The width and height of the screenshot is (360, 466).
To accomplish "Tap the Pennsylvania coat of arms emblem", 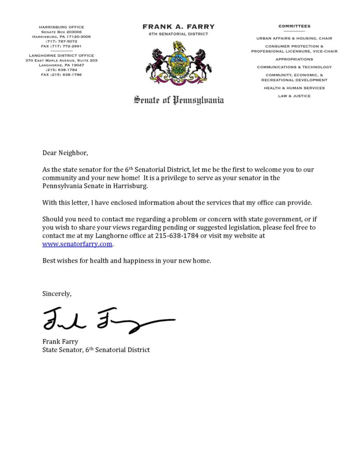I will pyautogui.click(x=178, y=63).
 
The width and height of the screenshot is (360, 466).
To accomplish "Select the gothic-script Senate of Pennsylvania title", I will pyautogui.click(x=178, y=100).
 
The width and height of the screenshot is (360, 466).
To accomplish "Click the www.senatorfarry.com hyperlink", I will pyautogui.click(x=77, y=244).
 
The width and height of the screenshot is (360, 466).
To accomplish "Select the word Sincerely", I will pyautogui.click(x=57, y=294).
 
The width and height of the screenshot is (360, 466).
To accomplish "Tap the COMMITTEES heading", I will pyautogui.click(x=294, y=26).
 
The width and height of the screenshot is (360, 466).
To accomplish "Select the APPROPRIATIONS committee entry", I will pyautogui.click(x=294, y=59).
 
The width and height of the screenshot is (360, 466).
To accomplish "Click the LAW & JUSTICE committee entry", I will pyautogui.click(x=294, y=96).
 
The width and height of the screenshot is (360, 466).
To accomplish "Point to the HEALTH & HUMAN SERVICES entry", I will pyautogui.click(x=294, y=88).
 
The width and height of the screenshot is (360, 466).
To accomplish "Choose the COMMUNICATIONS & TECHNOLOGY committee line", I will pyautogui.click(x=294, y=67).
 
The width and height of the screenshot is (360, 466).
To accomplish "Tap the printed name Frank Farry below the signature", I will pyautogui.click(x=60, y=341).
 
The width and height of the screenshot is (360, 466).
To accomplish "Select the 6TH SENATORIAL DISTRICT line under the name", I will pyautogui.click(x=178, y=34).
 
